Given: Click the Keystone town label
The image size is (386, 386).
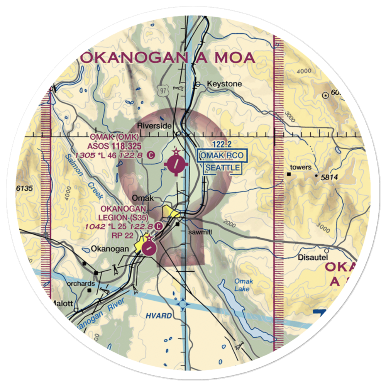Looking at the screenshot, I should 224,84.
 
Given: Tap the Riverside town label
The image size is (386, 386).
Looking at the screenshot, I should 154,126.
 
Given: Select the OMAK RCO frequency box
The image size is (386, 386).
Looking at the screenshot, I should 222,156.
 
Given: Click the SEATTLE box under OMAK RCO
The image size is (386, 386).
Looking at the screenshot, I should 223,168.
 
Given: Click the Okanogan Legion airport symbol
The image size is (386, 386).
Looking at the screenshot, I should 149,247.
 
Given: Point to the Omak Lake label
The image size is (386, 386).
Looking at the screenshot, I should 243,285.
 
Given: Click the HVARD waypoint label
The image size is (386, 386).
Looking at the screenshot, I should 159,316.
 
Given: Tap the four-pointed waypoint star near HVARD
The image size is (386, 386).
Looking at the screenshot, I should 183,305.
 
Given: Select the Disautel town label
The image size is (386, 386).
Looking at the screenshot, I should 312,257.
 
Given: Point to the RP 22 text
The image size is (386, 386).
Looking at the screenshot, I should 111,235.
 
